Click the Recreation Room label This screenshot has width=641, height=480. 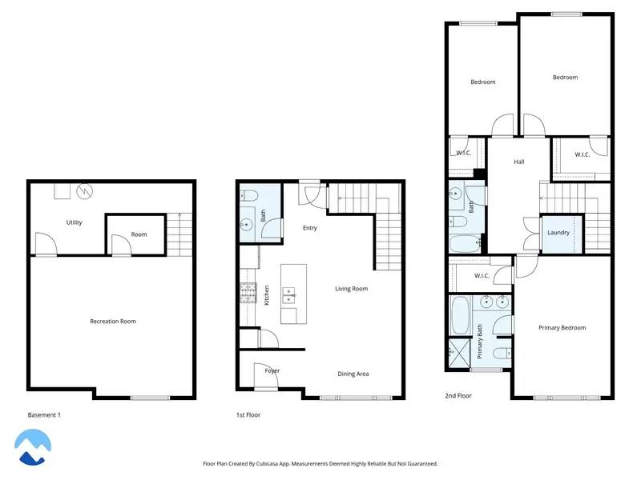click(112, 322)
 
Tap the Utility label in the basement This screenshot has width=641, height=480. click(75, 222)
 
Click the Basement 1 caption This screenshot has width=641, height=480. click(44, 414)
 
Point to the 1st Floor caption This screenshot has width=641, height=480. click(248, 414)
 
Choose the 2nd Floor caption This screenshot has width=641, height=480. click(458, 395)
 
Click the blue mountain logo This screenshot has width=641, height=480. click(34, 446)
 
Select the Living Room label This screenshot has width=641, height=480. click(351, 289)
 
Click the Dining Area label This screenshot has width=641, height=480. click(353, 374)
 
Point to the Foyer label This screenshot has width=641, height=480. click(272, 370)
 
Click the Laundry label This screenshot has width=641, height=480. click(558, 233)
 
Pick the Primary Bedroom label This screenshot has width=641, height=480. click(562, 328)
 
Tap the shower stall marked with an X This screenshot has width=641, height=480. click(459, 353)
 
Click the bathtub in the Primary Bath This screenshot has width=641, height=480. click(459, 316)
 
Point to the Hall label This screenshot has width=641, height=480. click(519, 162)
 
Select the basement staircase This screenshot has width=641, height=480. click(180, 234)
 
